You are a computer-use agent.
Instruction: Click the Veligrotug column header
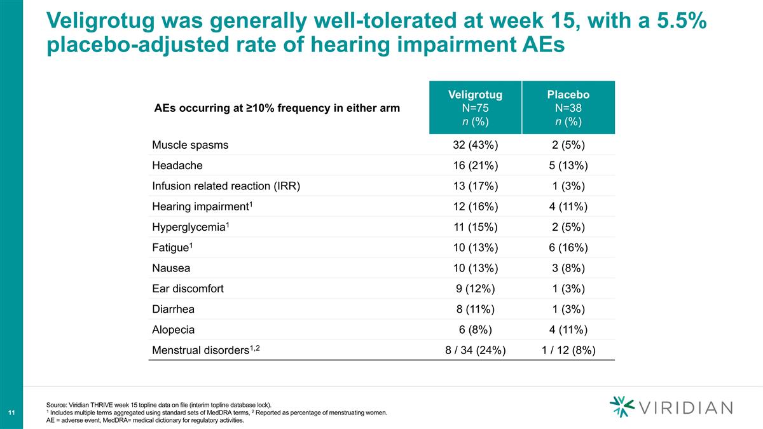pyautogui.click(x=475, y=107)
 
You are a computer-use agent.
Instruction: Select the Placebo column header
pyautogui.click(x=568, y=107)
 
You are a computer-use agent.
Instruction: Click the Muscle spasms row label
pyautogui.click(x=190, y=145)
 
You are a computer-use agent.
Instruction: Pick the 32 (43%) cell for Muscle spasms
pyautogui.click(x=475, y=145)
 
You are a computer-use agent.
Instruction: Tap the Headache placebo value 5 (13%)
pyautogui.click(x=568, y=166)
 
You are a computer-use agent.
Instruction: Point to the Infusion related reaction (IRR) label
pyautogui.click(x=226, y=186)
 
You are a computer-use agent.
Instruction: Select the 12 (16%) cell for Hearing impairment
pyautogui.click(x=475, y=207)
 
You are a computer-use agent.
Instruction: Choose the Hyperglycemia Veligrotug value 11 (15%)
pyautogui.click(x=475, y=228)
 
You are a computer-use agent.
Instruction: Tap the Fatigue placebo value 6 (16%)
pyautogui.click(x=568, y=248)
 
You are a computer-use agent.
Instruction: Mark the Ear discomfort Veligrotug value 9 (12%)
pyautogui.click(x=475, y=289)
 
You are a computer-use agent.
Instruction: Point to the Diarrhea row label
pyautogui.click(x=174, y=310)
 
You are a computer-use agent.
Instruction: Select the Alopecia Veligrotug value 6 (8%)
pyautogui.click(x=475, y=330)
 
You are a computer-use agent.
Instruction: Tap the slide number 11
pyautogui.click(x=11, y=414)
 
